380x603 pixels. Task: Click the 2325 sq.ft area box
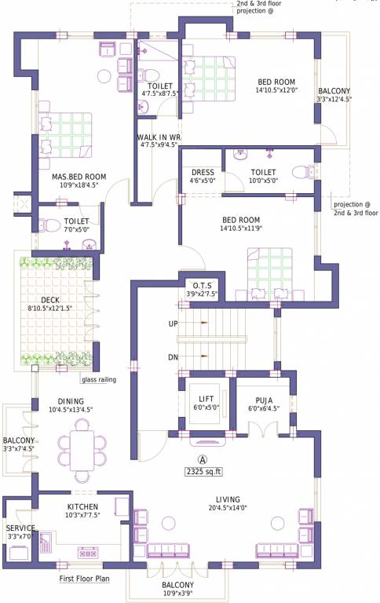pyautogui.click(x=203, y=472)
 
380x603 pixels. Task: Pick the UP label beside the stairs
pyautogui.click(x=174, y=323)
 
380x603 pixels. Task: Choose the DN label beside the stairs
pyautogui.click(x=174, y=356)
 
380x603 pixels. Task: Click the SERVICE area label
pyautogui.click(x=20, y=528)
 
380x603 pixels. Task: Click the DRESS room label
pyautogui.click(x=203, y=171)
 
